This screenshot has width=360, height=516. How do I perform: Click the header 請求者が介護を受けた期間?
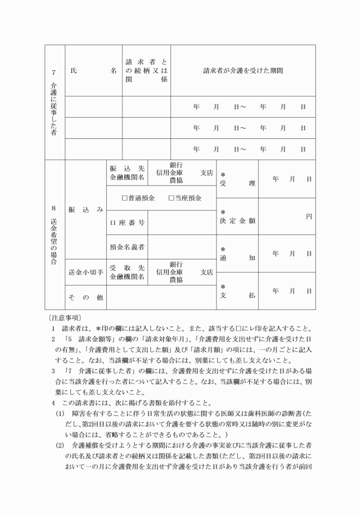243,71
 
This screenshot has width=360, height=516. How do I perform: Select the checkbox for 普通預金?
124,198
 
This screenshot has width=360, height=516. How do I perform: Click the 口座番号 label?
127,222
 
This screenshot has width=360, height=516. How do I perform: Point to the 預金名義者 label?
127,246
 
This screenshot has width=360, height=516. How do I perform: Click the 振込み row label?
86,210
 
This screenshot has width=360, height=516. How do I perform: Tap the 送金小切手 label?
86,272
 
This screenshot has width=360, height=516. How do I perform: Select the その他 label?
86,297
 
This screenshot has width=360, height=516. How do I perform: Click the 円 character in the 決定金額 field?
309,216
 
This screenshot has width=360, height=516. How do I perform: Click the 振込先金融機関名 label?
127,173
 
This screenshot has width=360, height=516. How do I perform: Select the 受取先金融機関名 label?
127,272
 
